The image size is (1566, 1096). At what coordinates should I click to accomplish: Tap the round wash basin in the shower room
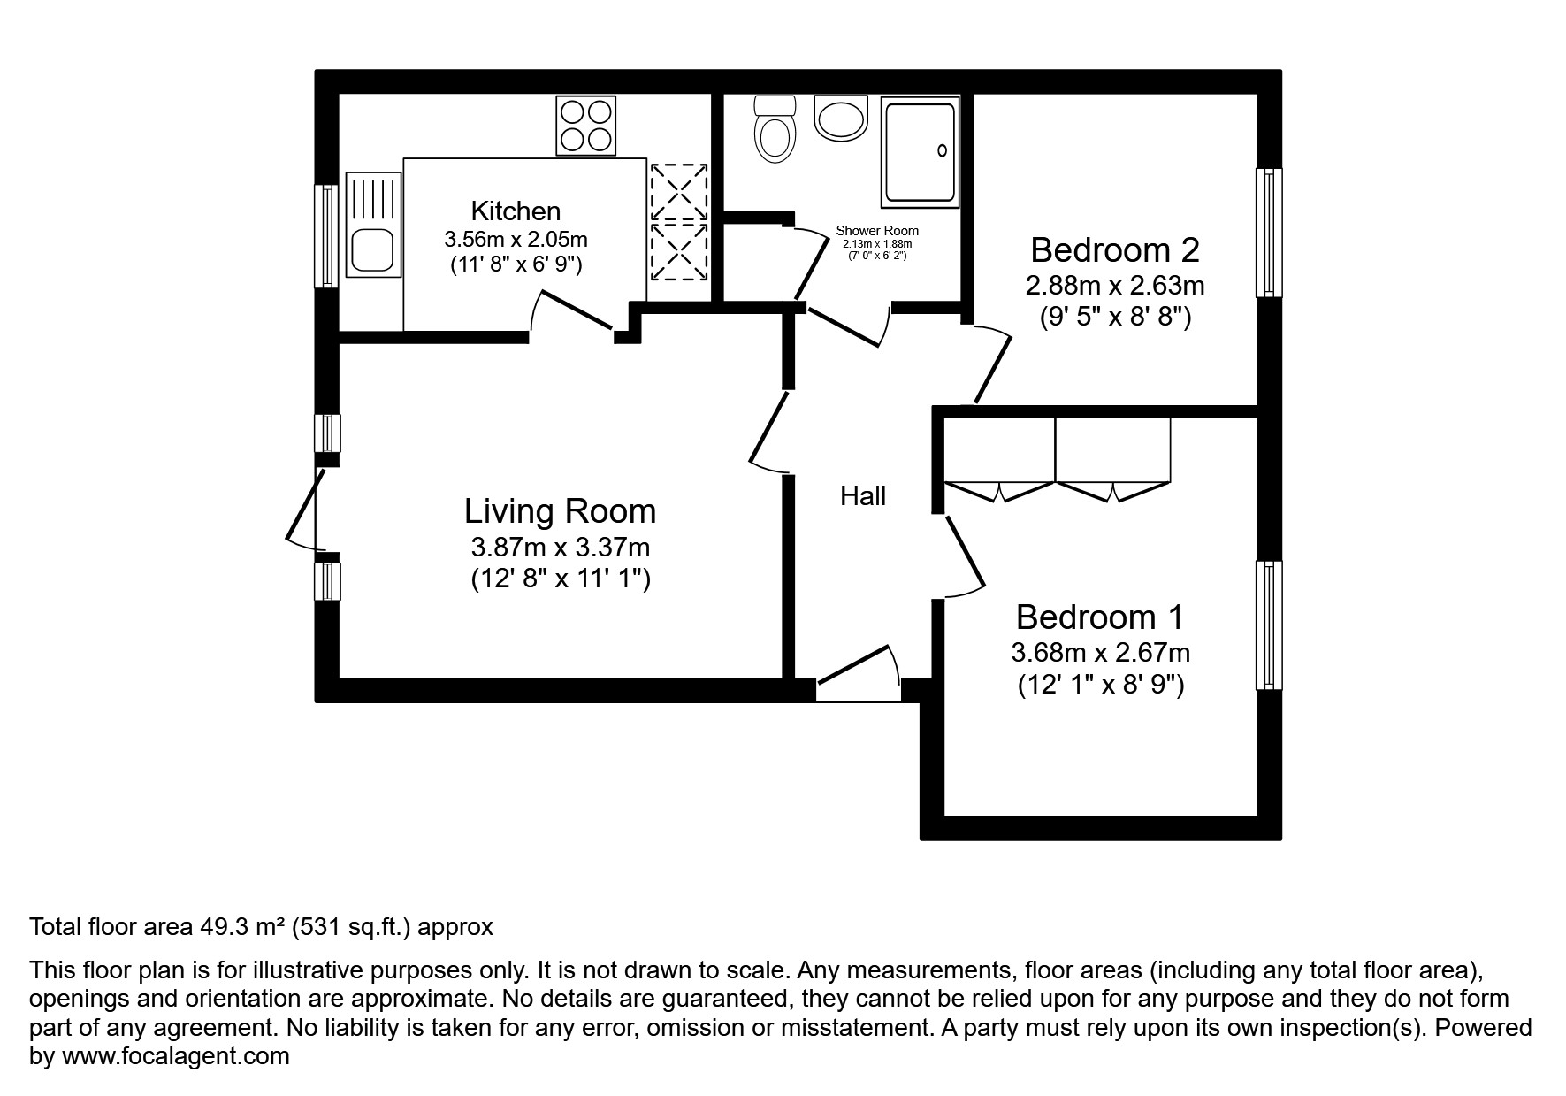(840, 118)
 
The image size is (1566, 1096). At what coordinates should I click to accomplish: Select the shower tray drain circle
(943, 151)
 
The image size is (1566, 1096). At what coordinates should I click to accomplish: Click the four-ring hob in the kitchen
(585, 125)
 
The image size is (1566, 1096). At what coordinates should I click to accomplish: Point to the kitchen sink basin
(372, 250)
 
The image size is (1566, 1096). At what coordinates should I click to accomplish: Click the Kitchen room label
(516, 211)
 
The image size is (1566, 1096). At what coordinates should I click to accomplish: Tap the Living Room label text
(560, 511)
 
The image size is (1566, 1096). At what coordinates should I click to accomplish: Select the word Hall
(862, 496)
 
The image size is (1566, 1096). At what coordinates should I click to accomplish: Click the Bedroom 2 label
(1114, 250)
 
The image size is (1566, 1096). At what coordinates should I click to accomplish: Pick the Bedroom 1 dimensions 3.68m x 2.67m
(1100, 653)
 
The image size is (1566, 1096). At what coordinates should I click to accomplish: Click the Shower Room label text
(877, 232)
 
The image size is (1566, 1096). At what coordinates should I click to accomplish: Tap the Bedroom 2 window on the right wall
(1269, 233)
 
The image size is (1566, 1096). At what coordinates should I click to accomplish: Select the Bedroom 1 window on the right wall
(1269, 625)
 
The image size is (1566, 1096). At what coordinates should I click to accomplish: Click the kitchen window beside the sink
(327, 235)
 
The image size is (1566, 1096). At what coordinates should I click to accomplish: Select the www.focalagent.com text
(175, 1055)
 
